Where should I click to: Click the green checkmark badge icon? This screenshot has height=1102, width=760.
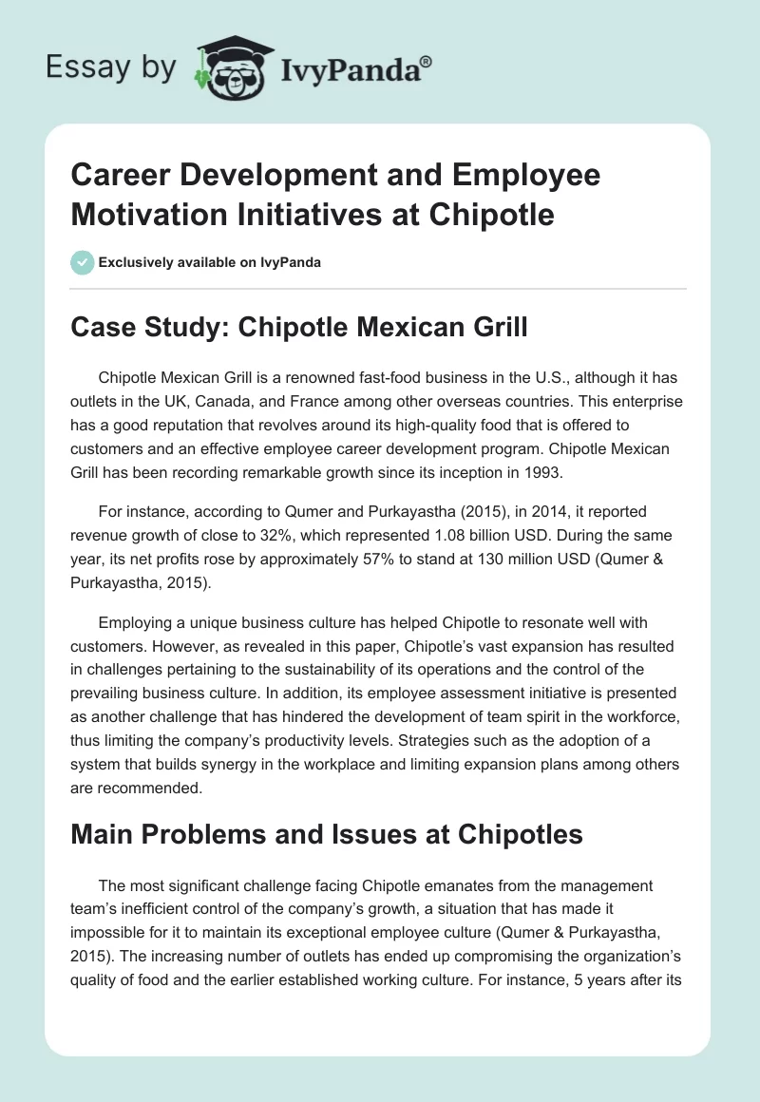[x=83, y=262]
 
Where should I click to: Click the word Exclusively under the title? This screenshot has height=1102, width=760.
[x=136, y=262]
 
